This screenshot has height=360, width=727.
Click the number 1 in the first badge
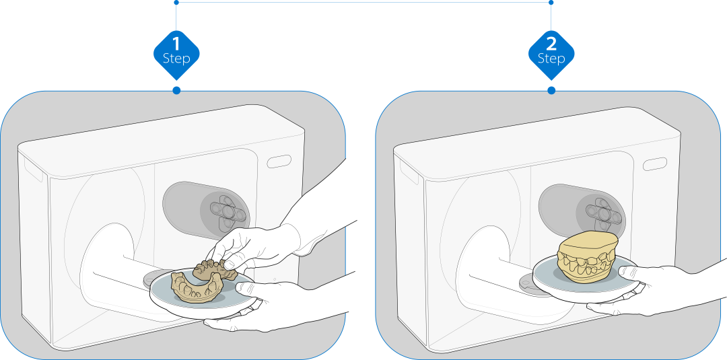[176, 44]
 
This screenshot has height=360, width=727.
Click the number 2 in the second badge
[551, 44]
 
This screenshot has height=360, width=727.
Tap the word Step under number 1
[176, 59]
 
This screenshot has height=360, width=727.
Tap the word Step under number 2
[551, 59]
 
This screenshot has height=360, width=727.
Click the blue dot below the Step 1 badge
[176, 90]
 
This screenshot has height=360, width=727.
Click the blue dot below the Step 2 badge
[551, 90]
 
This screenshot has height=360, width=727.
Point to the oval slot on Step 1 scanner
[279, 161]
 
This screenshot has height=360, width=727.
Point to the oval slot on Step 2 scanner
[654, 164]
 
